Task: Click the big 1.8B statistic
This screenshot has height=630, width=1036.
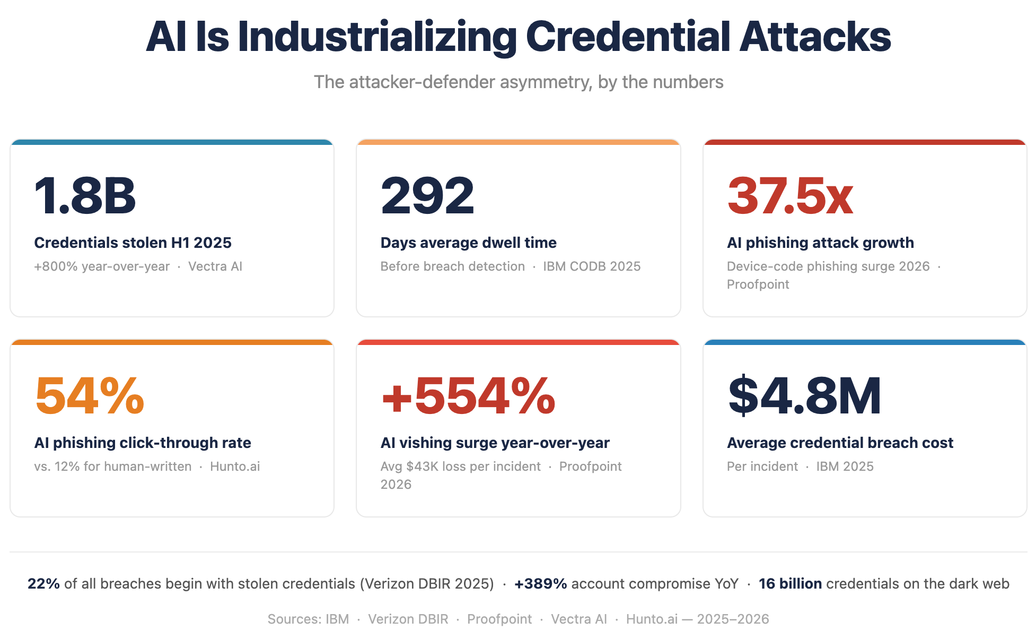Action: coord(85,196)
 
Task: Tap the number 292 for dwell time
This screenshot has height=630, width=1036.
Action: coord(427,196)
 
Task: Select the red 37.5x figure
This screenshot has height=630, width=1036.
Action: coord(790,196)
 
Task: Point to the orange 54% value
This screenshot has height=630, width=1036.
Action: coord(90,395)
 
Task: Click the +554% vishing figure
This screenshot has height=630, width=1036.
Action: coord(468,395)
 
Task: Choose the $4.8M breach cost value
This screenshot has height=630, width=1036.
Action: coord(805,395)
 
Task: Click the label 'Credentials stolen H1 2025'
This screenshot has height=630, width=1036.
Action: coord(133,243)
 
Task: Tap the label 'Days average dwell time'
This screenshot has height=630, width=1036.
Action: coord(469,243)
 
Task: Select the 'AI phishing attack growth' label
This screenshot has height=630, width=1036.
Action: coord(821,243)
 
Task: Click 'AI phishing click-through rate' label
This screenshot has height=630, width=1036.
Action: coord(143,443)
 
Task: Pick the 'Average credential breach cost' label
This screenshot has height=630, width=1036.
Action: coord(840,443)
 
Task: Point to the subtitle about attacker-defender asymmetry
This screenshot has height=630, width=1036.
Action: coord(519,82)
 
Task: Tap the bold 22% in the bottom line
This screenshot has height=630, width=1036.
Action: coord(43,584)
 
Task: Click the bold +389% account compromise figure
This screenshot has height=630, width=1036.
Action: coord(541,584)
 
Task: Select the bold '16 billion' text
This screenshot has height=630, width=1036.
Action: coord(791,584)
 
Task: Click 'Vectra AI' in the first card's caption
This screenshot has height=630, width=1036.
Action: coord(215,266)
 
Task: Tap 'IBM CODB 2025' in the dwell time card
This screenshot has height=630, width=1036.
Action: coord(592,266)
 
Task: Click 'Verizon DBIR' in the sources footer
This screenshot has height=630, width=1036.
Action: coord(408,619)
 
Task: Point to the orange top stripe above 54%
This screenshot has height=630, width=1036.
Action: coord(172,342)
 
